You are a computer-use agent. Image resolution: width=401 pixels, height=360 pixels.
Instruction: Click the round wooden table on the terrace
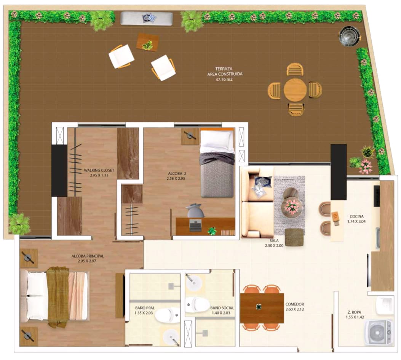coord(295,90)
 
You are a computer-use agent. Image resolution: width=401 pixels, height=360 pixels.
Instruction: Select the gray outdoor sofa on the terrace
coord(147,18)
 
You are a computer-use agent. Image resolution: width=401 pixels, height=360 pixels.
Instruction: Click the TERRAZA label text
coord(224,69)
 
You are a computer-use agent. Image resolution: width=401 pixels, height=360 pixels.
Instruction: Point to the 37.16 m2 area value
coord(224,79)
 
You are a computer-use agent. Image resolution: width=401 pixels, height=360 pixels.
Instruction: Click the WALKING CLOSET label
coord(99,170)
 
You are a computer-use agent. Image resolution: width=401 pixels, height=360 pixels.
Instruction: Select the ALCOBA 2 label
coord(177,173)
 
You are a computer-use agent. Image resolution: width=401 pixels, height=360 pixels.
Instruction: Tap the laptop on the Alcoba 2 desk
coord(195,226)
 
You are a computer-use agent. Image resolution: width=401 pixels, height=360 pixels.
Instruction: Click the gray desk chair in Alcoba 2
coord(195,211)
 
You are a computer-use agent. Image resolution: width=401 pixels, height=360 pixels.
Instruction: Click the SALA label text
coord(274,240)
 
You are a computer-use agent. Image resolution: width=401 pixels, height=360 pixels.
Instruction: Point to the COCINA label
coord(357,216)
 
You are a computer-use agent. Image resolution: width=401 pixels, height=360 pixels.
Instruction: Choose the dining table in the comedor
coord(262,308)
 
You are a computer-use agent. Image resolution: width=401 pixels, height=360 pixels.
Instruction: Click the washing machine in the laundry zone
coord(379,332)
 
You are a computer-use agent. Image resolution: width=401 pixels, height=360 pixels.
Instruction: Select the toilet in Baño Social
coord(197,304)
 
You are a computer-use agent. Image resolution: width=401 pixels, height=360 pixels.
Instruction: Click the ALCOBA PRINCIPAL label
coord(88,256)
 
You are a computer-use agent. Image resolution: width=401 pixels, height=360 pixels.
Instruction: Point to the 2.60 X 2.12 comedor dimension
coord(295,309)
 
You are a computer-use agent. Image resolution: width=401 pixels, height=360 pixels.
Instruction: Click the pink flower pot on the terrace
coord(366,166)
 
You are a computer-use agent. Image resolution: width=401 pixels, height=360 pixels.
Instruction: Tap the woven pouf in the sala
coord(294,237)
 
